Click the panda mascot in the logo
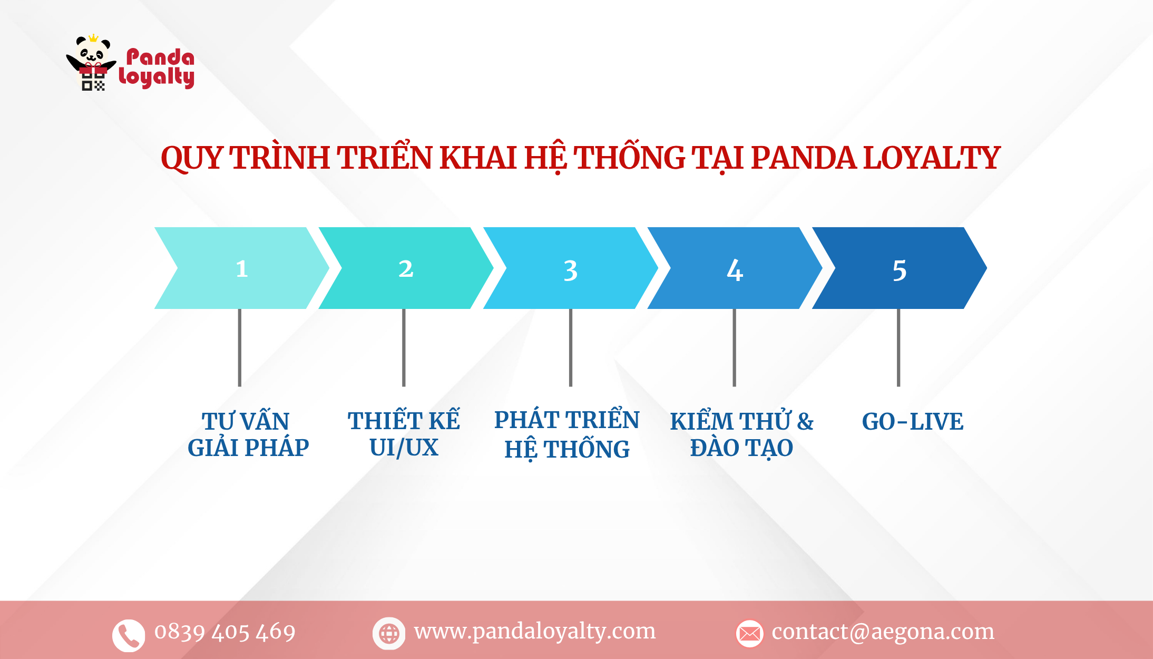[x=92, y=62]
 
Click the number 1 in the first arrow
[x=242, y=269]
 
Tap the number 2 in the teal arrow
[x=406, y=269]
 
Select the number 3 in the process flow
[x=570, y=270]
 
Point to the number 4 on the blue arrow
[x=735, y=270]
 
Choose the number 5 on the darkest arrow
[x=899, y=270]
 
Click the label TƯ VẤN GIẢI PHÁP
[x=248, y=434]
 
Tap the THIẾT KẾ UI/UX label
[x=404, y=434]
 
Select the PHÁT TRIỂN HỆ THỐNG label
[x=567, y=434]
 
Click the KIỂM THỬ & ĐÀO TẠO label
[x=741, y=434]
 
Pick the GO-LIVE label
[x=912, y=421]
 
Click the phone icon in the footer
[x=128, y=634]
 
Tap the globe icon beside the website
[x=389, y=633]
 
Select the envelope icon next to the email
[x=749, y=633]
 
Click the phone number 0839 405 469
[x=225, y=632]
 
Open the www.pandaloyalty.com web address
[x=535, y=631]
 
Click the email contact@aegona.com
[x=883, y=632]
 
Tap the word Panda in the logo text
[x=160, y=57]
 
